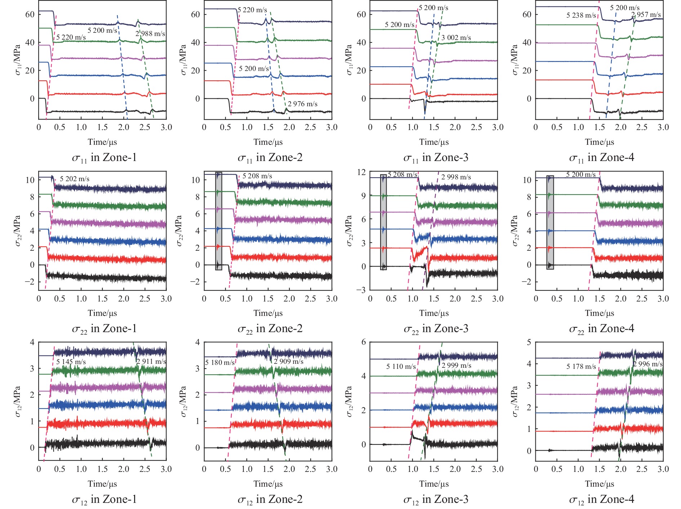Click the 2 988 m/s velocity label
150,34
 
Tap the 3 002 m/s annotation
456,38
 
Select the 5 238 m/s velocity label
581,15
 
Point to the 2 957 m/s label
646,15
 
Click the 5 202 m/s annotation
75,179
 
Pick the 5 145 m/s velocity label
71,362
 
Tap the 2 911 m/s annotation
151,361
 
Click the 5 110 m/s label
401,367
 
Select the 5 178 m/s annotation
581,367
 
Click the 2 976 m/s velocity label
303,104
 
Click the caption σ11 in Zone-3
436,158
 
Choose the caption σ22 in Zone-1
104,329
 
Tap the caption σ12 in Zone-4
601,500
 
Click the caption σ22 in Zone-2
270,329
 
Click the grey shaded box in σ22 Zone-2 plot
219,221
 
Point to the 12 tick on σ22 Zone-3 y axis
361,172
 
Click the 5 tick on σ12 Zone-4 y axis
529,342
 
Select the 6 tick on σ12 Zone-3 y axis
364,342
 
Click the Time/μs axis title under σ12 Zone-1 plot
102,484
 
